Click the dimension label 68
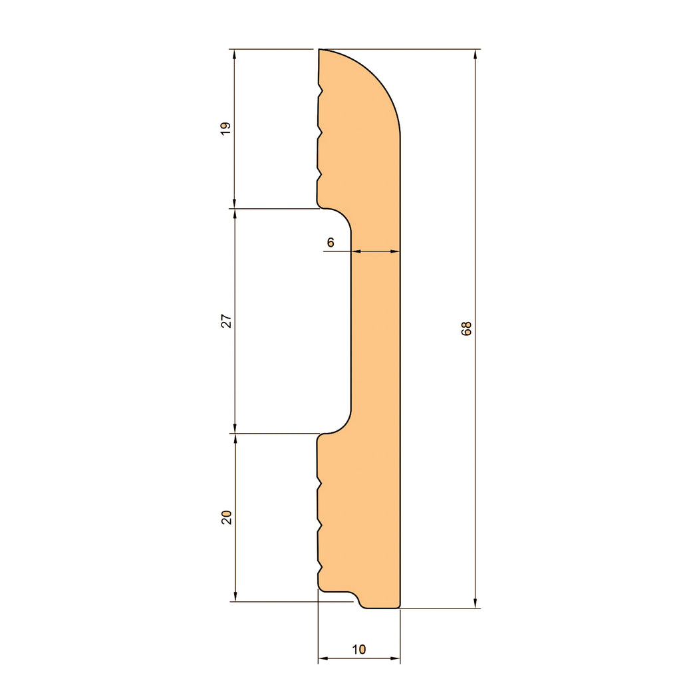click(466, 329)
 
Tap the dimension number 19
click(226, 128)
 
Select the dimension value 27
click(226, 321)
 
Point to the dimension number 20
click(226, 517)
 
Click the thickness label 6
click(331, 242)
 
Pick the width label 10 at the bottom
click(358, 649)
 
